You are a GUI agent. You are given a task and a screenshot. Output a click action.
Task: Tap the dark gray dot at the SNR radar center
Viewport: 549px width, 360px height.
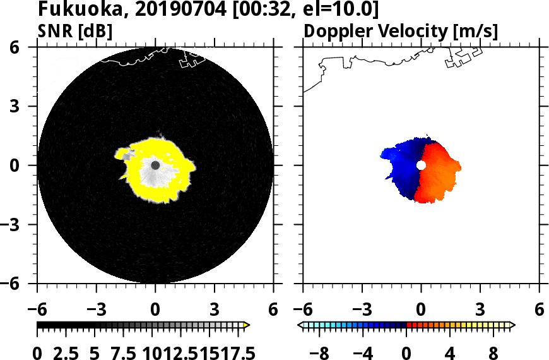click(155, 165)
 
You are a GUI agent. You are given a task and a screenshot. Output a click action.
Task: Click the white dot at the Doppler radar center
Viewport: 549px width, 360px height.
click(421, 165)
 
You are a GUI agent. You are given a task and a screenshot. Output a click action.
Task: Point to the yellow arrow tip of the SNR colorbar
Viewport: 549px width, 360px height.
click(247, 325)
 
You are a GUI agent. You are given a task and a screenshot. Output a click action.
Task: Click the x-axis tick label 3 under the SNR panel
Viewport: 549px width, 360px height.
click(215, 309)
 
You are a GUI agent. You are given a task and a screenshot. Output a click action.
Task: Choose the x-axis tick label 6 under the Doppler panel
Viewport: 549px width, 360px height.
click(539, 309)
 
